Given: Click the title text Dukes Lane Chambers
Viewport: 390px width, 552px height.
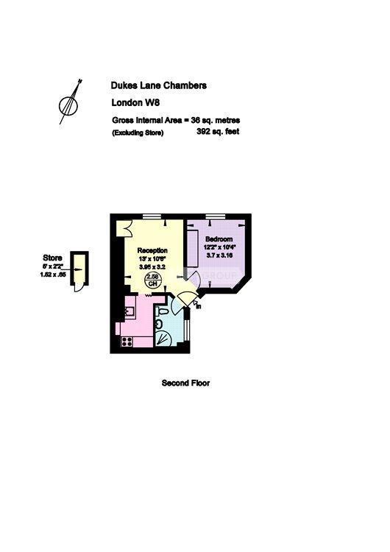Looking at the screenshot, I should point(158,85).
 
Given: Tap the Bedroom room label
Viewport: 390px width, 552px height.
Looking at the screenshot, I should point(219,240).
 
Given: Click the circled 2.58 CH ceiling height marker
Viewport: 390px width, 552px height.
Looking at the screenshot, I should point(152,280).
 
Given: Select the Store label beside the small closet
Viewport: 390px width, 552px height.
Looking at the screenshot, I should point(52,258).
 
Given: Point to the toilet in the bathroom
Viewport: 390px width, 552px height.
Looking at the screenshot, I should point(159,322).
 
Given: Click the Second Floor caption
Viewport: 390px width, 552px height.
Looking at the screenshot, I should point(185,383).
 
